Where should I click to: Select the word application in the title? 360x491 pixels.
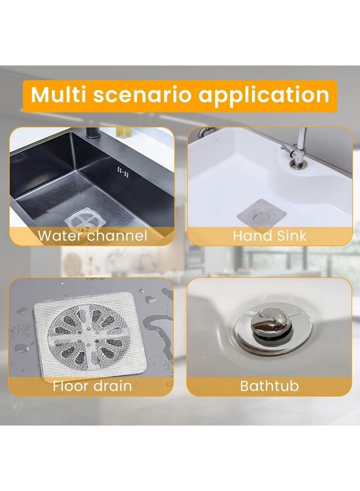(264, 95)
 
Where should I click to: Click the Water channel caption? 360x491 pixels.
(92, 236)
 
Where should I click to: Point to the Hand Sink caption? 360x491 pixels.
(269, 236)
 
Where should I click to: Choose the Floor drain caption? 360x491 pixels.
(92, 386)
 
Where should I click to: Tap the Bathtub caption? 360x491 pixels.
(269, 386)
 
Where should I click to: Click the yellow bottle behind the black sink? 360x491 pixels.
(124, 131)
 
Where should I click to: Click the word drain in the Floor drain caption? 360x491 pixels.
(112, 386)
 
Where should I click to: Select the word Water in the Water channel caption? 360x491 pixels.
(60, 236)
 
